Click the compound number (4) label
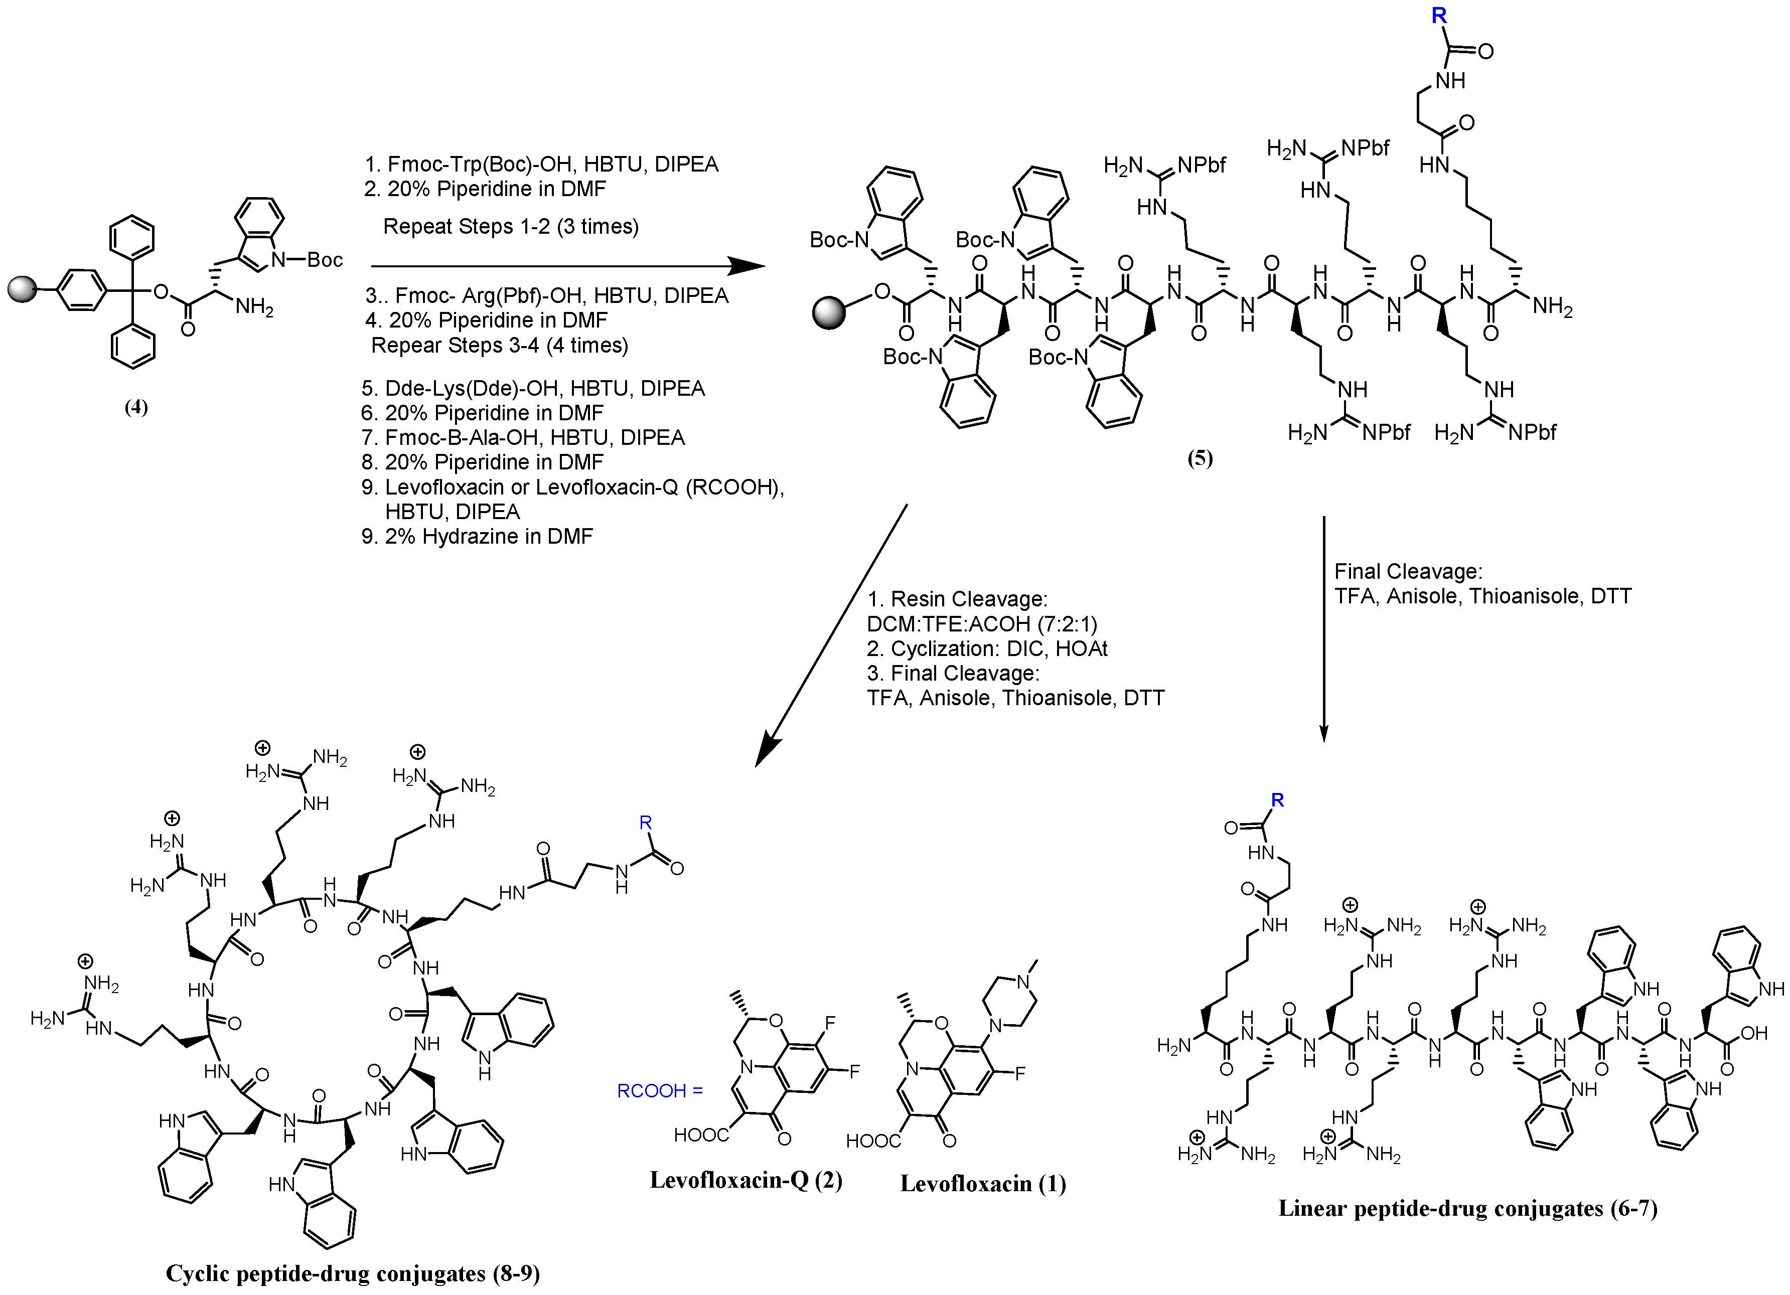click(x=136, y=407)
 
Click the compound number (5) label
click(x=1200, y=458)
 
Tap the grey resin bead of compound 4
click(x=23, y=289)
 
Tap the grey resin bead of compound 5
click(x=829, y=312)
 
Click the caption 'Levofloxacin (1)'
click(x=983, y=1184)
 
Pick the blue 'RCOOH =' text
click(x=660, y=1090)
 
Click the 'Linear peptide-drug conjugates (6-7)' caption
click(x=1467, y=1208)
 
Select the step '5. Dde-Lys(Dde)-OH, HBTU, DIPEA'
click(x=533, y=388)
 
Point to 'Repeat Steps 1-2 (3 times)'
click(x=511, y=227)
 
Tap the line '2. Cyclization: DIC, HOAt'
click(x=986, y=649)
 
